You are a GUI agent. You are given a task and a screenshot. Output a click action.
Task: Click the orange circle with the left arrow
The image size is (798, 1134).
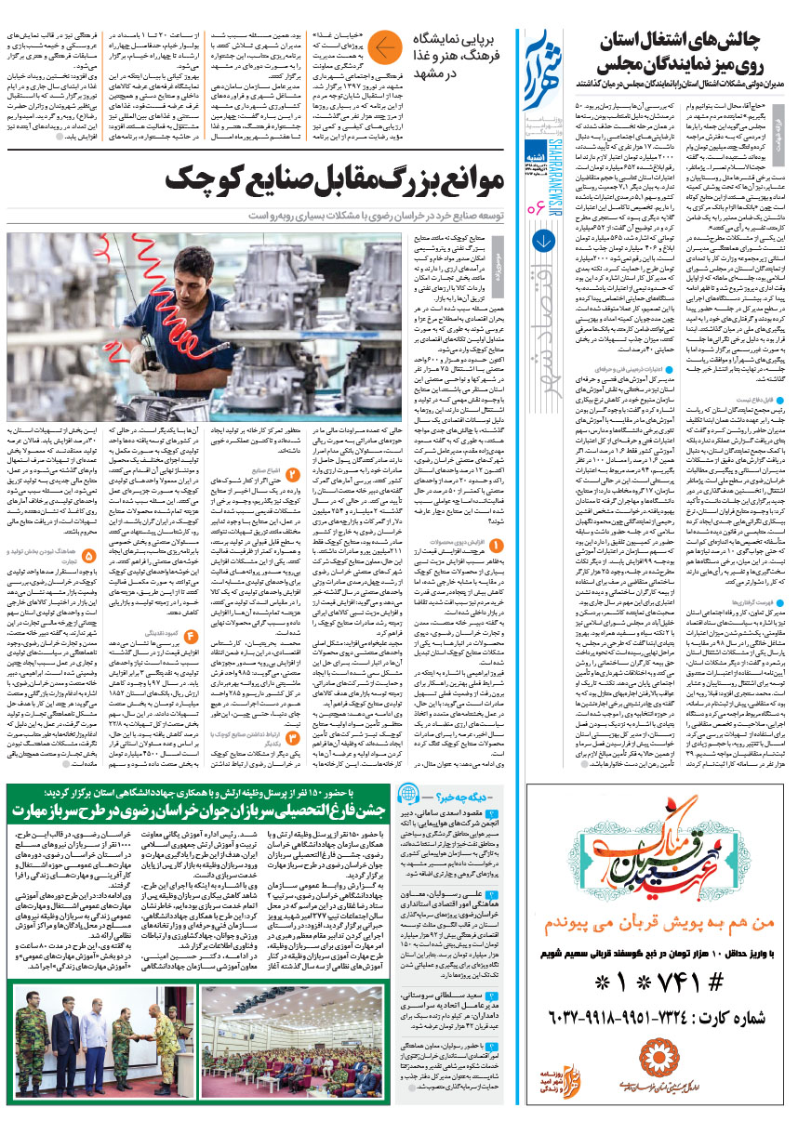[384, 46]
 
